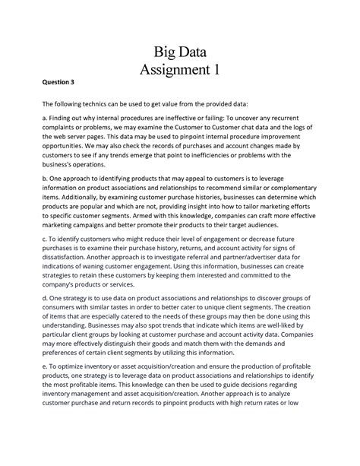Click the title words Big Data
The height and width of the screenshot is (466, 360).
(x=179, y=52)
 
